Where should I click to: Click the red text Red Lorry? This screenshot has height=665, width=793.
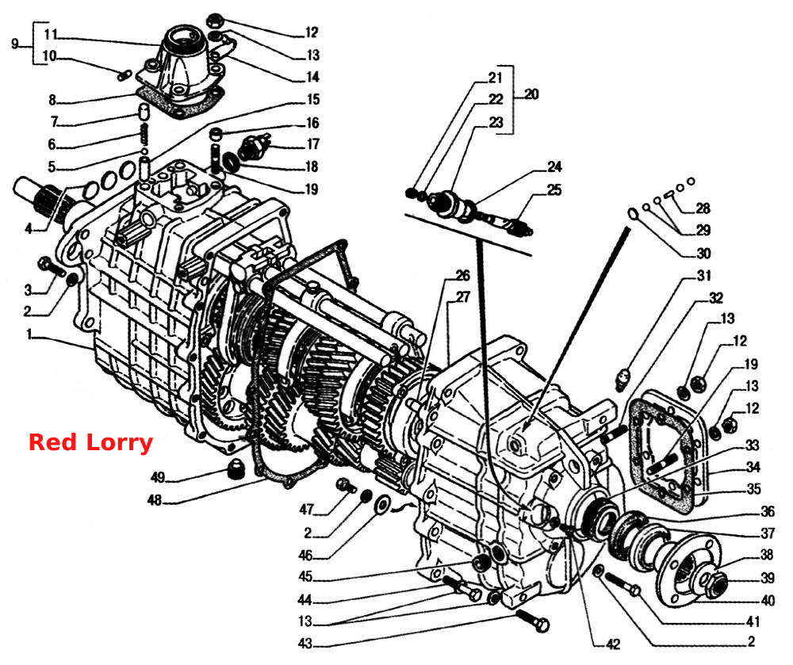pos(90,442)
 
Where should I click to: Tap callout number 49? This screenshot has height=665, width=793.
pos(158,477)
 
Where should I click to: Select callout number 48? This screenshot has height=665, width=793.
pos(155,500)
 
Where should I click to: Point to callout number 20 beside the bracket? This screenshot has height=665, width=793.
pos(531,94)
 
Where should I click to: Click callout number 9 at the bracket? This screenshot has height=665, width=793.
pos(14,44)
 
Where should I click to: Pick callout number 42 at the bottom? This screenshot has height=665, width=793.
pos(613,644)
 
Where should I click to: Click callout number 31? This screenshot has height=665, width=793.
pos(704,275)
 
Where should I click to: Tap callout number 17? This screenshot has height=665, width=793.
pos(313,144)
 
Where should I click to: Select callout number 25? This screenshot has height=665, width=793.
pos(554,190)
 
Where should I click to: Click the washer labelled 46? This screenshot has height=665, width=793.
pos(382,503)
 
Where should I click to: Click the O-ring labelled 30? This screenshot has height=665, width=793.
pos(633,214)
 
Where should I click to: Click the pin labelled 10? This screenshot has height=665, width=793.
pos(125,75)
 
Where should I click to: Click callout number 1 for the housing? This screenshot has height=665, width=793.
pos(29,334)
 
